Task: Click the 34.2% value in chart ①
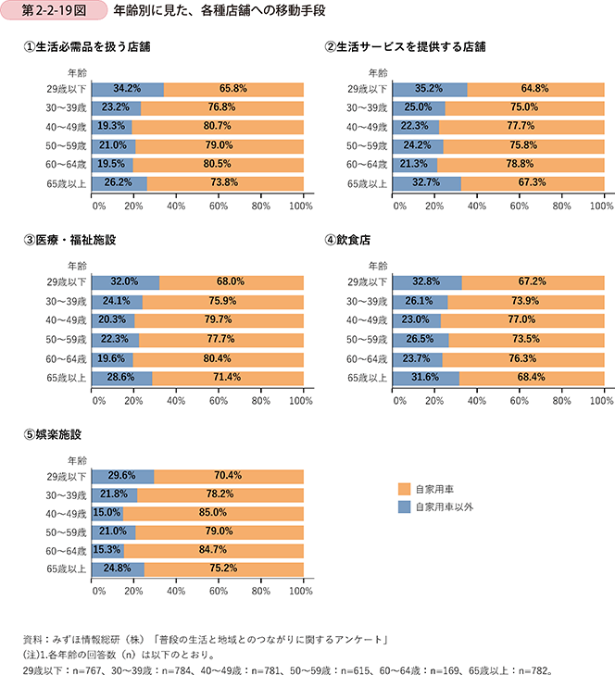point(126,89)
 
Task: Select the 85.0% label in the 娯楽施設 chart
point(219,512)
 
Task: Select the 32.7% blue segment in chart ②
point(427,183)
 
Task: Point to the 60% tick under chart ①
point(219,206)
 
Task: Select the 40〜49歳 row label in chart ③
point(67,319)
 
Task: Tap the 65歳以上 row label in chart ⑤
point(67,569)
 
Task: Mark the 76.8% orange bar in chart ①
point(222,107)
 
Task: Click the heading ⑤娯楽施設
point(55,433)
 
